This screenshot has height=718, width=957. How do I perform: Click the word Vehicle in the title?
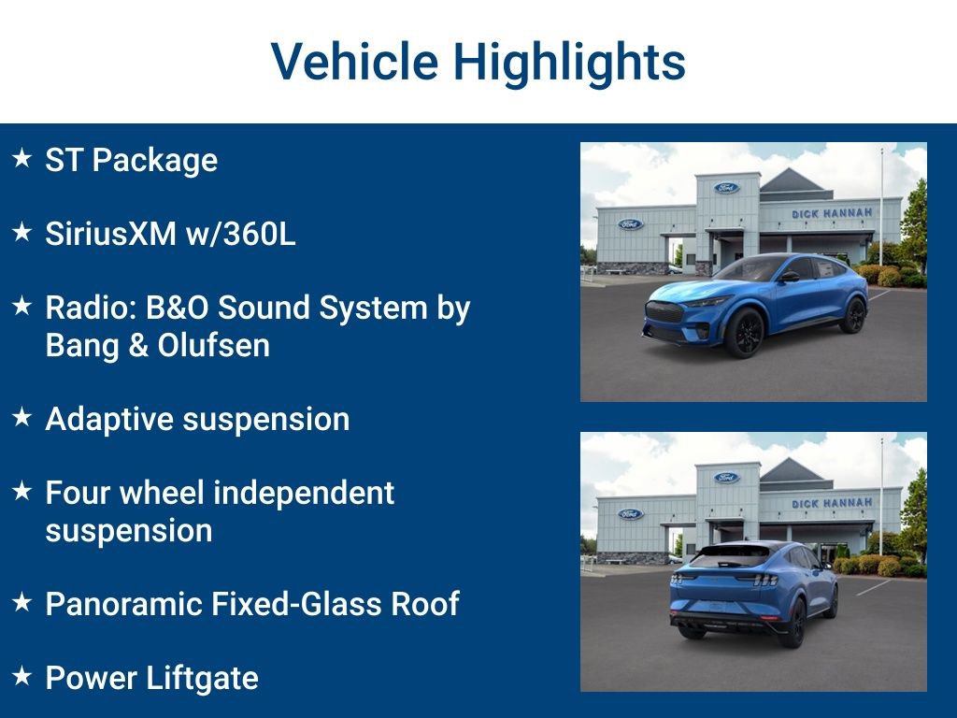(x=354, y=62)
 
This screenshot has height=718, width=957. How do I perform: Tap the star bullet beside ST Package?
(x=22, y=157)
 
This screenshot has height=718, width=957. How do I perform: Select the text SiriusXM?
(x=111, y=233)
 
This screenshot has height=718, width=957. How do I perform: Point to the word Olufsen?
(x=214, y=345)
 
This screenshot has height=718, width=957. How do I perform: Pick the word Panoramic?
(x=124, y=604)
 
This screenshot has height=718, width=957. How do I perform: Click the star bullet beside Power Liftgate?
(x=22, y=676)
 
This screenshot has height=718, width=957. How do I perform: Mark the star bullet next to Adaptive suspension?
(x=22, y=417)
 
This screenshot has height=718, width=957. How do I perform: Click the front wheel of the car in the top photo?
(x=745, y=332)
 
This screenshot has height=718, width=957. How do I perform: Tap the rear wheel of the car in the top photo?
(x=852, y=315)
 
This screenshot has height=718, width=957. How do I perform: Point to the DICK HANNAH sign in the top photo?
(x=831, y=214)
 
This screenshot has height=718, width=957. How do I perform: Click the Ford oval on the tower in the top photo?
(x=726, y=187)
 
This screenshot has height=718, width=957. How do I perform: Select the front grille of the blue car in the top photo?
(x=664, y=312)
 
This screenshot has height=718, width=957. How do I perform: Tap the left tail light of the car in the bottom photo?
(x=678, y=578)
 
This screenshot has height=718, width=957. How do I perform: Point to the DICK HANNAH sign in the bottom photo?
(x=831, y=504)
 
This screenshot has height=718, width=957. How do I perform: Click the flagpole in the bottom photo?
(x=881, y=487)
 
